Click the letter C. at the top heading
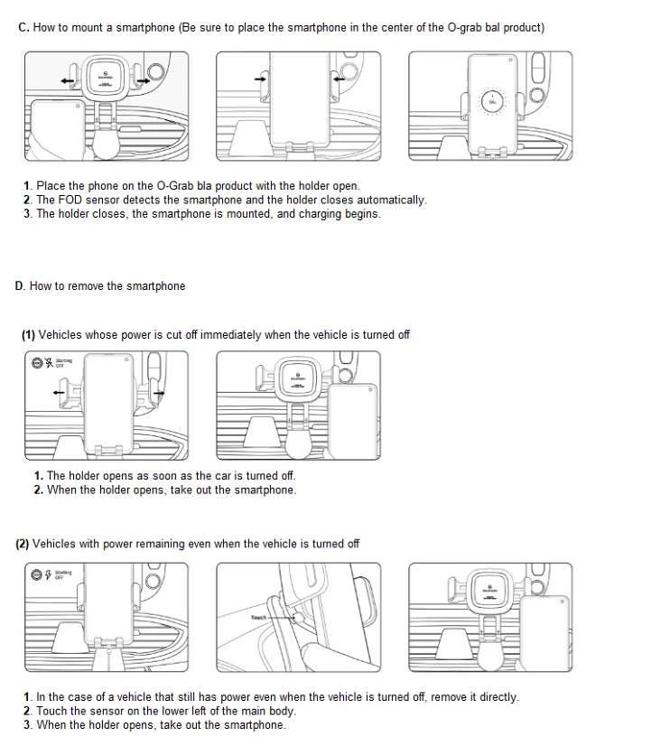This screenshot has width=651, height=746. [x=24, y=28]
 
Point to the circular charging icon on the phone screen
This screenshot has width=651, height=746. [x=492, y=100]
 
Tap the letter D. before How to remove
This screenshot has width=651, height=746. [x=21, y=286]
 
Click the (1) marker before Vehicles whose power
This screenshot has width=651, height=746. [x=28, y=335]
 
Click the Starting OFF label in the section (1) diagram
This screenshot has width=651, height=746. [x=63, y=363]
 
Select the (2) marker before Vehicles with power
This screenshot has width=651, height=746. [x=23, y=544]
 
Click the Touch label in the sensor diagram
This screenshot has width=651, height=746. [x=259, y=618]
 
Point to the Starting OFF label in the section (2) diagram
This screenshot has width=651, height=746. [x=63, y=573]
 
